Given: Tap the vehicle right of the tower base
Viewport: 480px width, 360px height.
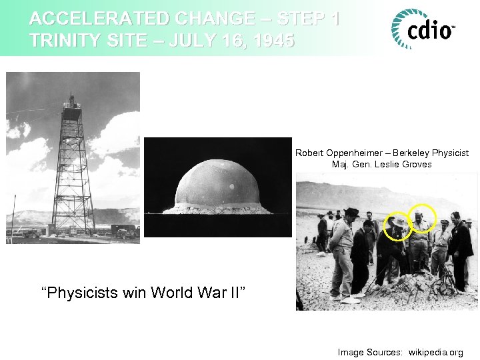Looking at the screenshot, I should pyautogui.click(x=124, y=231).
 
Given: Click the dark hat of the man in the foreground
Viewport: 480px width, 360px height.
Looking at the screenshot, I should pyautogui.click(x=351, y=213).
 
